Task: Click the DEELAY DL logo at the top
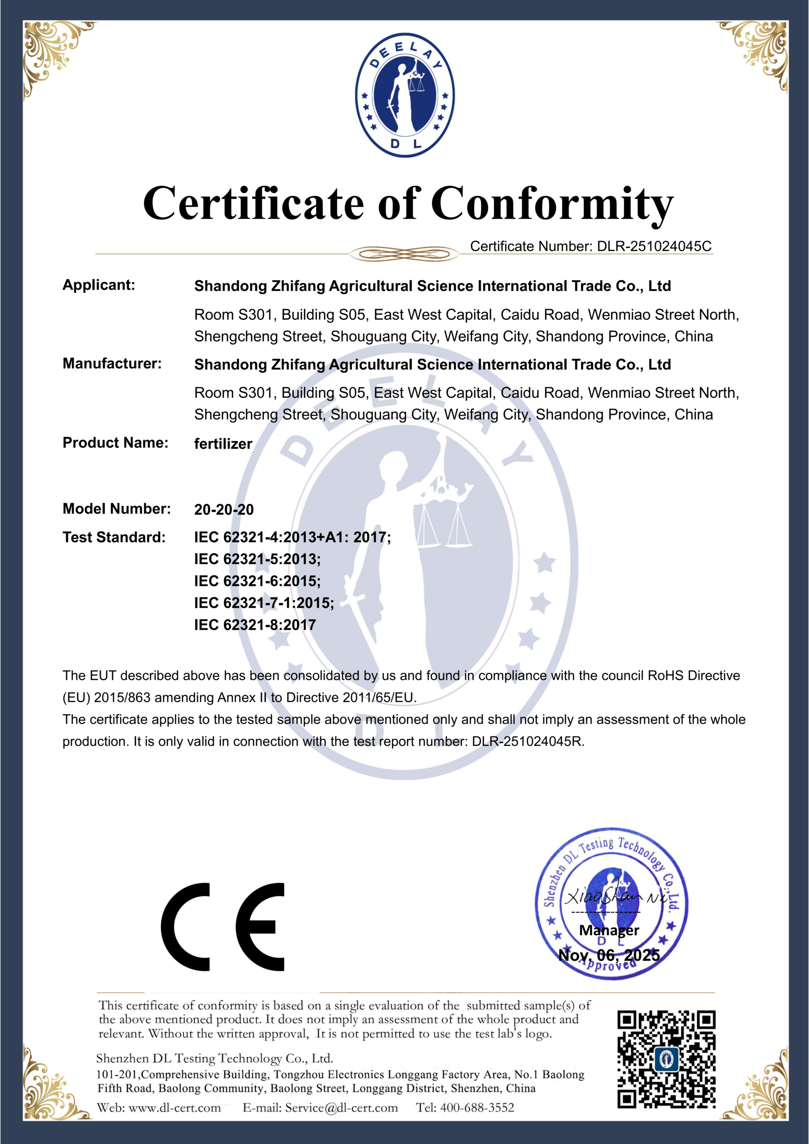[x=404, y=95]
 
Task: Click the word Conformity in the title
[x=552, y=204]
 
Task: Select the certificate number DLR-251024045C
[x=654, y=246]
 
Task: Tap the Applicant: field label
[x=99, y=285]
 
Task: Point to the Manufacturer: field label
[x=112, y=364]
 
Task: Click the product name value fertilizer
[x=223, y=443]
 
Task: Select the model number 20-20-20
[x=224, y=509]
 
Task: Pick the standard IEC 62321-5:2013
[x=257, y=559]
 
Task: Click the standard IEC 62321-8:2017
[x=255, y=625]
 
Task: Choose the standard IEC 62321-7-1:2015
[x=264, y=603]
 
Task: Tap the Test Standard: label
[x=114, y=537]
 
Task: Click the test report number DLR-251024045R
[x=527, y=741]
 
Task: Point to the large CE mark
[x=223, y=927]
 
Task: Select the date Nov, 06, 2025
[x=609, y=955]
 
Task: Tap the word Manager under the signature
[x=609, y=930]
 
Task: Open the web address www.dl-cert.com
[x=174, y=1108]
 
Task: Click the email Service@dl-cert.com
[x=341, y=1108]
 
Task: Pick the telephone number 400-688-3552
[x=477, y=1108]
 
